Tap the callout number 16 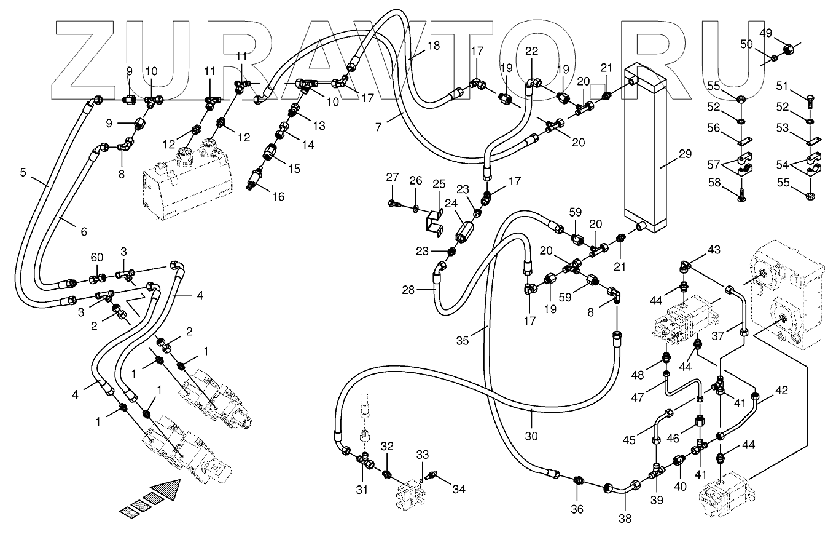pyautogui.click(x=279, y=197)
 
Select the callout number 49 pyautogui.click(x=765, y=33)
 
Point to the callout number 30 pyautogui.click(x=532, y=436)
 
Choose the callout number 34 pyautogui.click(x=459, y=489)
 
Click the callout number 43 pyautogui.click(x=714, y=250)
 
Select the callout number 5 pyautogui.click(x=23, y=172)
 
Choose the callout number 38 pyautogui.click(x=625, y=518)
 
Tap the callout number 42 pyautogui.click(x=781, y=390)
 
